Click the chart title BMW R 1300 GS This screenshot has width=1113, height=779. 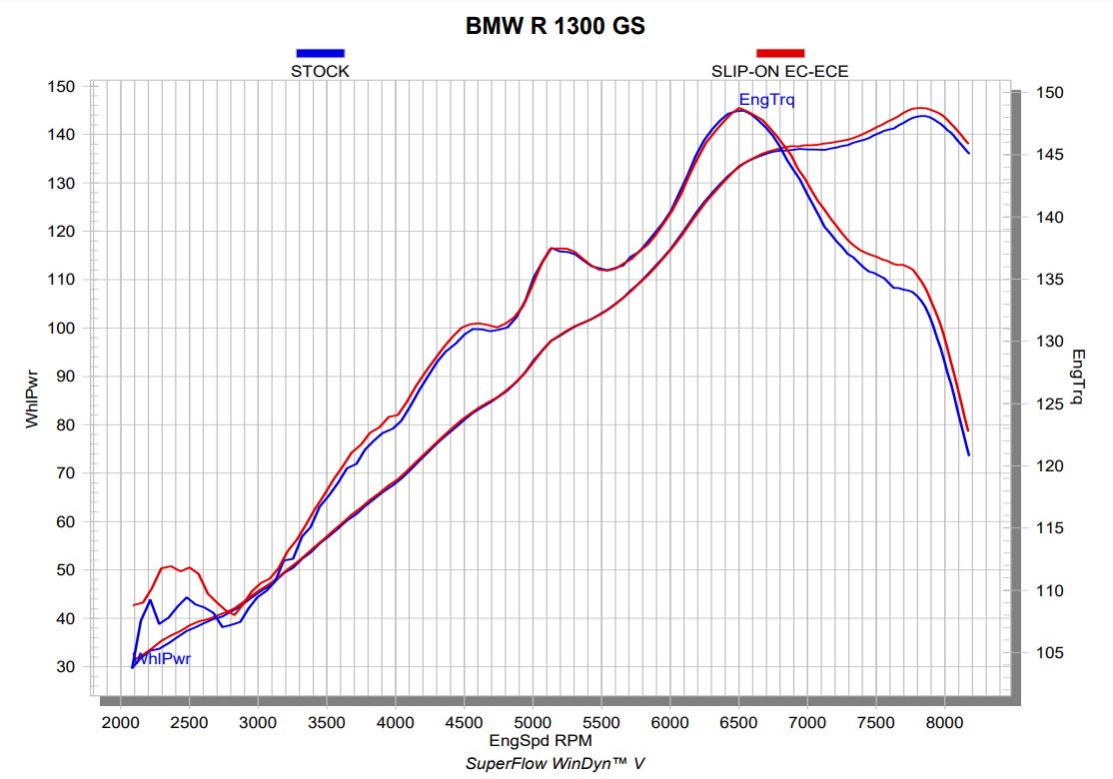click(556, 27)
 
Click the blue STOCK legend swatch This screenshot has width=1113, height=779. click(320, 53)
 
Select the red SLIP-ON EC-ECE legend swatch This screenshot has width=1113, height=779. click(779, 53)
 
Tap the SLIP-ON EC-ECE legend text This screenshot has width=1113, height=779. click(779, 71)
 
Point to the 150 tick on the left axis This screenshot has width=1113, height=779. click(62, 87)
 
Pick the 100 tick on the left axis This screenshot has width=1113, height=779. click(62, 329)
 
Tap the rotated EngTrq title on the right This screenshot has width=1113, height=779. click(1078, 377)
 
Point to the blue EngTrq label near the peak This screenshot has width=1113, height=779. click(766, 100)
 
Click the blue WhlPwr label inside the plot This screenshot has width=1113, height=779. click(162, 659)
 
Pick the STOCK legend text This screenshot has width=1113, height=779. click(320, 71)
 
